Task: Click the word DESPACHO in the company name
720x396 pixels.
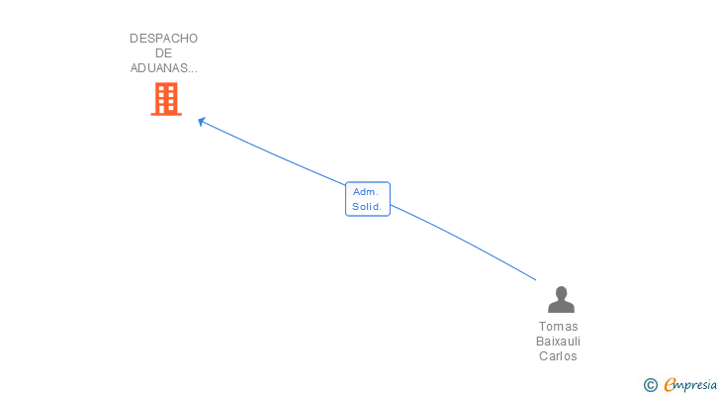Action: pos(163,39)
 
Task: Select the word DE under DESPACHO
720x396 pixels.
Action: pos(163,53)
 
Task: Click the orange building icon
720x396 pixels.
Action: pos(166,99)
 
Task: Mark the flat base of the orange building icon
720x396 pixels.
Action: pos(166,114)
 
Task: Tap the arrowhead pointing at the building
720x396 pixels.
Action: pos(201,121)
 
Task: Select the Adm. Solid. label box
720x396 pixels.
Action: pos(368,199)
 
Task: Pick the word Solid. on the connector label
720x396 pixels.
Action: pos(368,207)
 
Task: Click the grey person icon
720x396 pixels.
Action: pos(561,299)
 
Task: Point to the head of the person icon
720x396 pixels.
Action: pos(561,292)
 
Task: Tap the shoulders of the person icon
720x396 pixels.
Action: pos(561,307)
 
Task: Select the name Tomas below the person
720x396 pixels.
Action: pos(559,327)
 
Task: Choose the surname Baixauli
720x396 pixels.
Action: pos(559,342)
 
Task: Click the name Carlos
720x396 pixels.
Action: pos(559,356)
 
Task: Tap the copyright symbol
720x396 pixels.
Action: pos(650,385)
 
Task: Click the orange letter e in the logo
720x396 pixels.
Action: pos(670,385)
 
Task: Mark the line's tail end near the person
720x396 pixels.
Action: pos(535,280)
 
